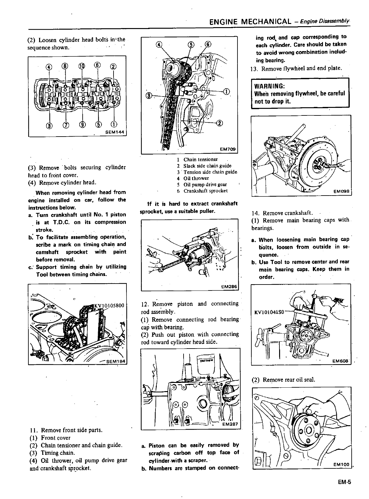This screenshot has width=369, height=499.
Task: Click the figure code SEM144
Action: (x=115, y=132)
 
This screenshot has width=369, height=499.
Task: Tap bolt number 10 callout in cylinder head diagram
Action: (x=82, y=66)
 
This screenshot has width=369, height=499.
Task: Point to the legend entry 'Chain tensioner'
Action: (x=201, y=160)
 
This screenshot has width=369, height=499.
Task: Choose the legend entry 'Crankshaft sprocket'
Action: (x=205, y=191)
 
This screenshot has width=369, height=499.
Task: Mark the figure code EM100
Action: (x=341, y=464)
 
